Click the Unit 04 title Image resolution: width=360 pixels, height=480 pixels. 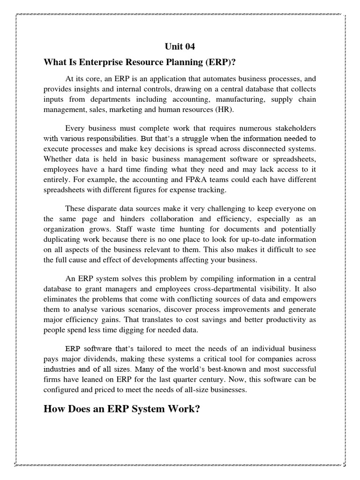click(180, 46)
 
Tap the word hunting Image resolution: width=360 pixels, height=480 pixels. click(175, 229)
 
